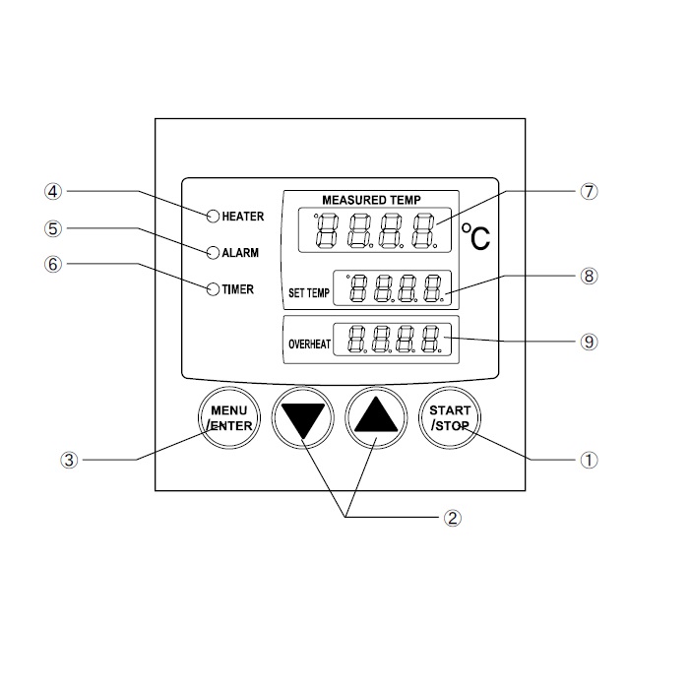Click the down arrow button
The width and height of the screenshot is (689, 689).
[x=303, y=418]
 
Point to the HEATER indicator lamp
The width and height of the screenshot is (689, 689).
[x=213, y=216]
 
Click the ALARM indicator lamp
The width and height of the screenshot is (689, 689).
[x=213, y=252]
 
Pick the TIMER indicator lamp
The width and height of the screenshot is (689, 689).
[x=213, y=289]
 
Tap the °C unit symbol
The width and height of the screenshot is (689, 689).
[x=476, y=238]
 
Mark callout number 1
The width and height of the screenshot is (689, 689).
[x=591, y=459]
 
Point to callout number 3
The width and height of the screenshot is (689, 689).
[x=68, y=459]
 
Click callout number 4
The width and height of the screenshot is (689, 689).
[x=54, y=191]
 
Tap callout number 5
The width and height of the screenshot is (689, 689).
[x=54, y=228]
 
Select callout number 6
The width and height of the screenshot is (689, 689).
[x=54, y=264]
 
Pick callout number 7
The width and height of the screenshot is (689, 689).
[x=589, y=192]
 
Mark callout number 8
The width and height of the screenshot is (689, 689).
[x=589, y=276]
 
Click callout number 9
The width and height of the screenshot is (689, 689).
[x=589, y=342]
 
